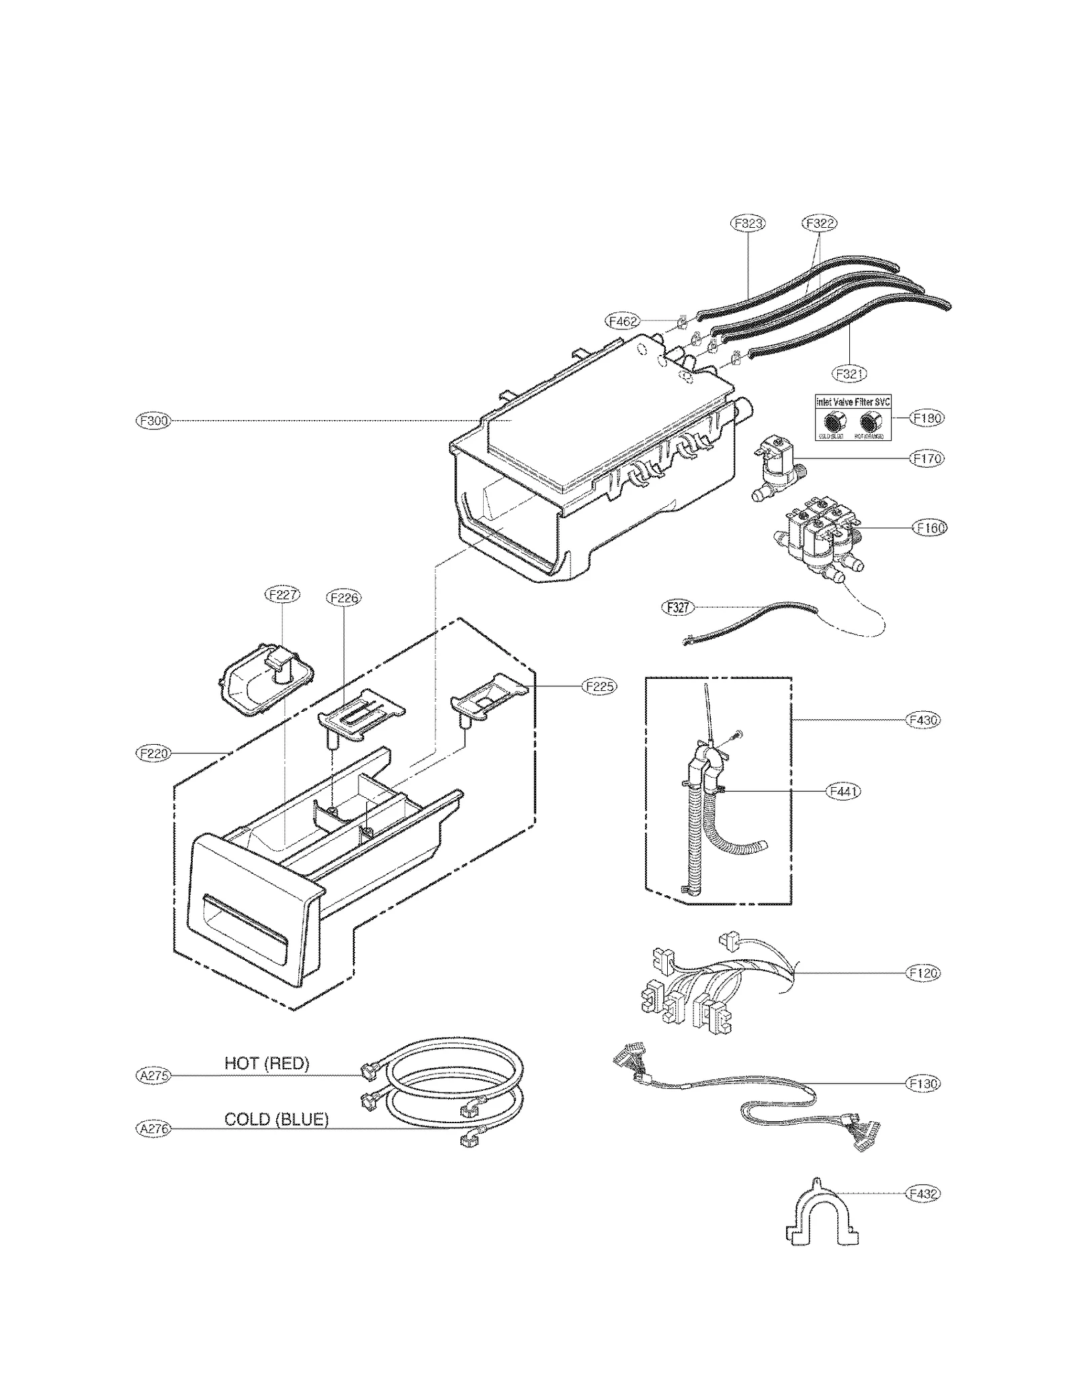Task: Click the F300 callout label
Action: [153, 421]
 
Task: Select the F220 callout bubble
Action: [154, 753]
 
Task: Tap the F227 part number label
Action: [282, 594]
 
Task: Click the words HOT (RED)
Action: [267, 1063]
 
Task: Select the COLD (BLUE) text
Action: [276, 1119]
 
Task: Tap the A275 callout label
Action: [153, 1075]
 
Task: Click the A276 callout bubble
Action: [153, 1129]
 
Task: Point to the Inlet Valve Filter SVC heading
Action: [853, 401]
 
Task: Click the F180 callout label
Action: [927, 418]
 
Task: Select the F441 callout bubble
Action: [843, 791]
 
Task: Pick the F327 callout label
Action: [677, 607]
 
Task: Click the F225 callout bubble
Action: [599, 686]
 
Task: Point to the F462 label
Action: [623, 321]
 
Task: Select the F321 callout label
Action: [849, 373]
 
